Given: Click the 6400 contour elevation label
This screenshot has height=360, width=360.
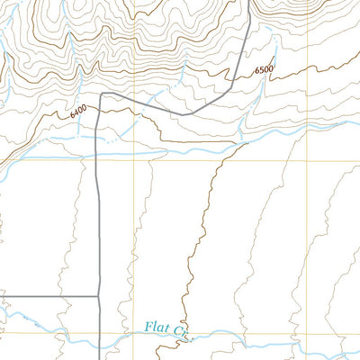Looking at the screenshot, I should (78, 112).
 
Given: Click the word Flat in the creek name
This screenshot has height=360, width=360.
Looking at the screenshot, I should (155, 329).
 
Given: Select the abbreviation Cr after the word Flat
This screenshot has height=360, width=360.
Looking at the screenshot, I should (182, 332).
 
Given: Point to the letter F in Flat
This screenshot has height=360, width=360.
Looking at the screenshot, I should (147, 328).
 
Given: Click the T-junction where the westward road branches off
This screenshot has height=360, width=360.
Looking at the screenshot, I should (97, 295).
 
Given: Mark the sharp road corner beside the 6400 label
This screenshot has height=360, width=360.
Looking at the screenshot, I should (101, 94).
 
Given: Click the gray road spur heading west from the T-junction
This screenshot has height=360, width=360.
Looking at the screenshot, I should (45, 295).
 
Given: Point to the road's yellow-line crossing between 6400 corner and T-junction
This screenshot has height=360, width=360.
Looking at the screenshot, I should (97, 162).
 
